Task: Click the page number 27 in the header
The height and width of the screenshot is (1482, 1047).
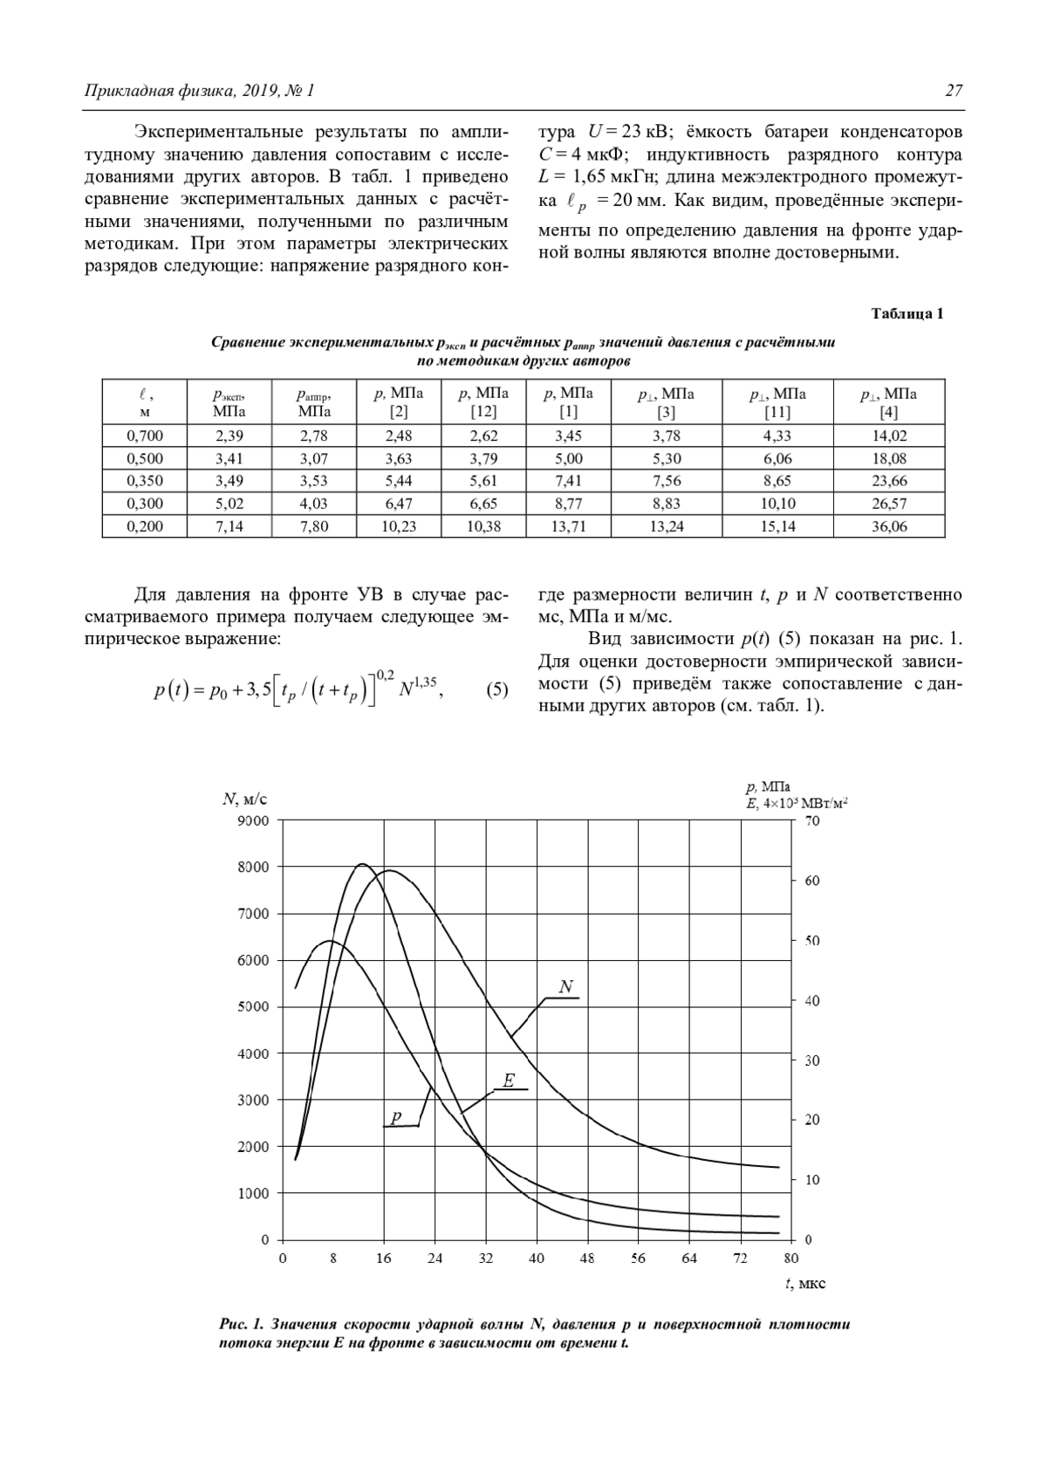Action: point(954,91)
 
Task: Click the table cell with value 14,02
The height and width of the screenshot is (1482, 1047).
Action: point(889,436)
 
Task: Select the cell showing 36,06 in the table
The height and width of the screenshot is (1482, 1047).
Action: point(889,526)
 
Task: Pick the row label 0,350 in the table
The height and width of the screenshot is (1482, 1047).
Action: point(145,481)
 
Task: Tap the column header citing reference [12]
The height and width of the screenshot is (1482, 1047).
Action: point(483,402)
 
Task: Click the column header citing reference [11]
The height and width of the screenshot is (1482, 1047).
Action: point(777,402)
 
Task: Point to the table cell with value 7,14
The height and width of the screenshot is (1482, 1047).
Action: point(229,526)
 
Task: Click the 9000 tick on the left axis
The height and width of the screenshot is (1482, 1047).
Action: point(254,820)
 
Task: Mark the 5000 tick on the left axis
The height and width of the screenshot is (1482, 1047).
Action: point(254,1007)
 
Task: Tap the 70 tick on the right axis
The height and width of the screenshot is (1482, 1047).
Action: point(812,821)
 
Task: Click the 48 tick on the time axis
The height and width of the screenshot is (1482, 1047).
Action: point(587,1258)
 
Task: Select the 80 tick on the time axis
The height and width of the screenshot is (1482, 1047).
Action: point(790,1258)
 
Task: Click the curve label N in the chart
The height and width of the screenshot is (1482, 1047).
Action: point(565,987)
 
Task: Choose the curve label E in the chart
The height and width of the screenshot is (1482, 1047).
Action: point(510,1081)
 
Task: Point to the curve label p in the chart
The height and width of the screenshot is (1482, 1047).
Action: point(397,1117)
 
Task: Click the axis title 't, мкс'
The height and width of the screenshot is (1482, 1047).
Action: point(805,1283)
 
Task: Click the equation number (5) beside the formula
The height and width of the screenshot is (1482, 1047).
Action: point(496,690)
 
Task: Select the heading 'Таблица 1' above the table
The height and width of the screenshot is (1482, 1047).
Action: point(907,314)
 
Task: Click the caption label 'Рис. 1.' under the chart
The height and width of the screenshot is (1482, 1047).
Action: point(242,1324)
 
